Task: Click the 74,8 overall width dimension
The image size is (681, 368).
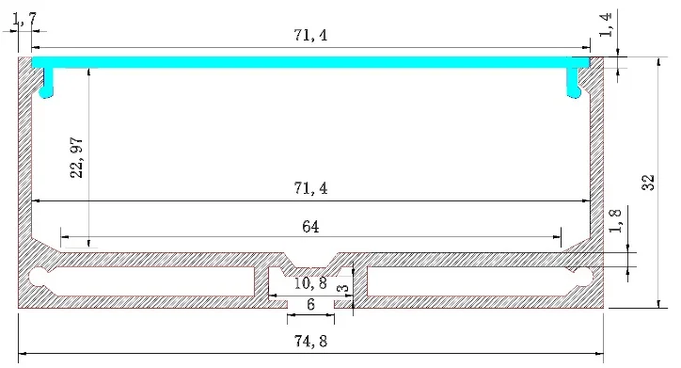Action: click(310, 341)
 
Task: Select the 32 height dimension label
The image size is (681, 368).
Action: click(648, 182)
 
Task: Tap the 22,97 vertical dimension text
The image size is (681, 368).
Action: click(76, 157)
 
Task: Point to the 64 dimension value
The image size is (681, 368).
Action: click(310, 227)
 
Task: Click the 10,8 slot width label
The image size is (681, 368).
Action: click(310, 283)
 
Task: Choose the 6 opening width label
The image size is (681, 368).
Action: click(310, 304)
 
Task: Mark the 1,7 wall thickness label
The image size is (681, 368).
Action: click(24, 20)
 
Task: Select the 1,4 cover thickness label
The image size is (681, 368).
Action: click(606, 24)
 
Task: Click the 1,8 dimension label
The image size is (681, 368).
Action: click(616, 221)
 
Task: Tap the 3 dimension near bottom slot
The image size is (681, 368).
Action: click(343, 288)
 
